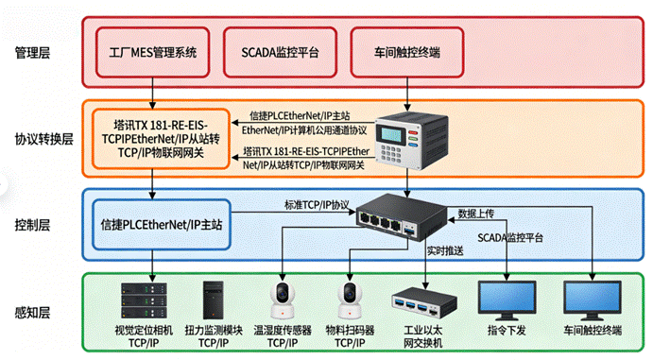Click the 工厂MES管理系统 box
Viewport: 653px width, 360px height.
pyautogui.click(x=152, y=52)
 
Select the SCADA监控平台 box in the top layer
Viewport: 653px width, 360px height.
pyautogui.click(x=280, y=52)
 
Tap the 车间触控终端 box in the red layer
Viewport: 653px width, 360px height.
pyautogui.click(x=407, y=52)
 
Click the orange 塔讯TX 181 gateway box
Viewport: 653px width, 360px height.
pyautogui.click(x=161, y=139)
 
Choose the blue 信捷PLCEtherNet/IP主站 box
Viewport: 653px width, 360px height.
pyautogui.click(x=162, y=225)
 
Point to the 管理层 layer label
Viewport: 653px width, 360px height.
pyautogui.click(x=32, y=53)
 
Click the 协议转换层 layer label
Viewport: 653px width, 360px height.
pyautogui.click(x=44, y=139)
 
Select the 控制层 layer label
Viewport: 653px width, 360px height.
pyautogui.click(x=32, y=225)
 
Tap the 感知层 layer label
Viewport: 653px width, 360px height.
pyautogui.click(x=32, y=312)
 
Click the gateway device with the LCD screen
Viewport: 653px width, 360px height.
pyautogui.click(x=411, y=141)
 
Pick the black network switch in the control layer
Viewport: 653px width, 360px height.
pyautogui.click(x=402, y=216)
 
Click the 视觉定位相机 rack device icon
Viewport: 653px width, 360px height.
pyautogui.click(x=144, y=300)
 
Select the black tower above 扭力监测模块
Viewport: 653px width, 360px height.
pyautogui.click(x=213, y=300)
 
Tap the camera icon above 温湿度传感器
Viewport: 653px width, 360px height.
pyautogui.click(x=283, y=300)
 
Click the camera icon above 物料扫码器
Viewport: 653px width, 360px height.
pyautogui.click(x=350, y=300)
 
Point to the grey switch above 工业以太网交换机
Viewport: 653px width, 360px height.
pyautogui.click(x=424, y=303)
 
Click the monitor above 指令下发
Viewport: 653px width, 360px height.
pyautogui.click(x=507, y=300)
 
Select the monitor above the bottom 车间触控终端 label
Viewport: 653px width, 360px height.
pyautogui.click(x=593, y=300)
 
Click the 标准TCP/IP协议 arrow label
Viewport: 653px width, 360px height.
pyautogui.click(x=317, y=205)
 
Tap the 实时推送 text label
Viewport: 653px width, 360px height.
pyautogui.click(x=445, y=250)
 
